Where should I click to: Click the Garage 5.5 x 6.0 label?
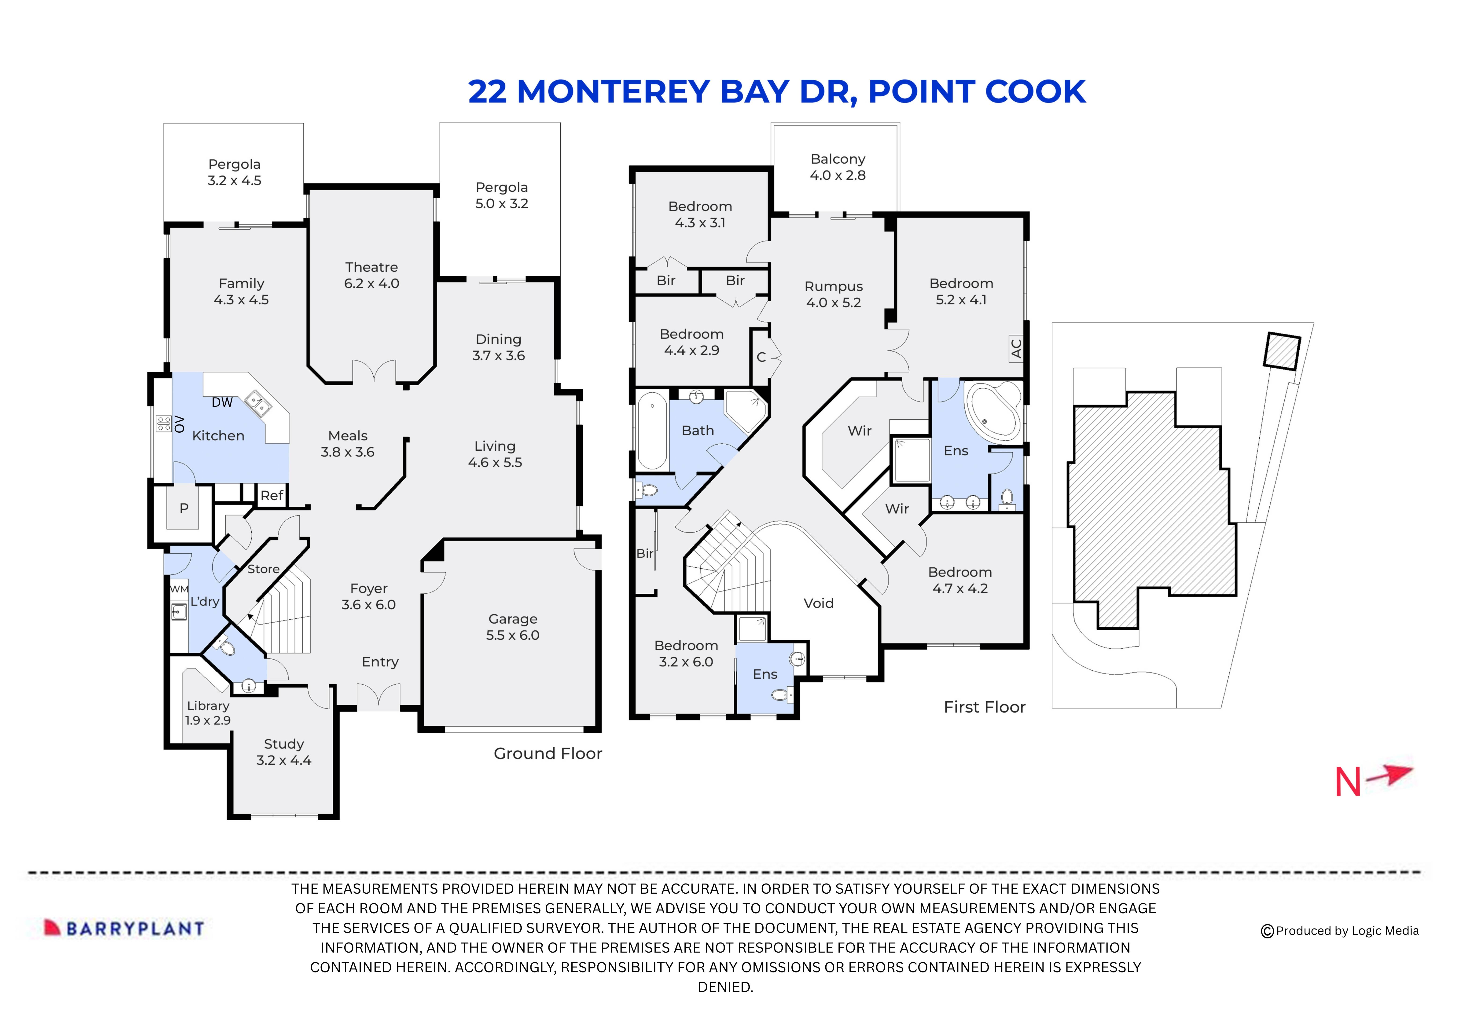513,627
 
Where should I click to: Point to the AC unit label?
1016,348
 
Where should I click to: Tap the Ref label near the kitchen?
272,495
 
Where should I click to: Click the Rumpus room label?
834,294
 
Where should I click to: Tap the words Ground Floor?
547,754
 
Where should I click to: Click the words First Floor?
985,707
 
